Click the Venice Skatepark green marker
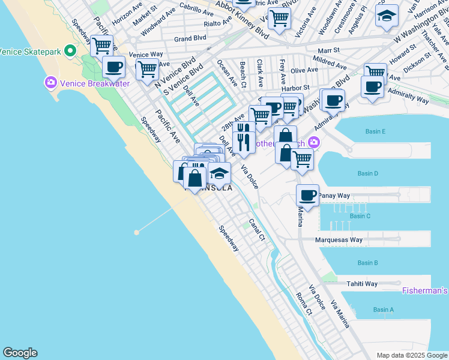pyautogui.click(x=70, y=50)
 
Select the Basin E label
pyautogui.click(x=375, y=131)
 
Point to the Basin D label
pyautogui.click(x=368, y=174)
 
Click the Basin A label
pyautogui.click(x=383, y=310)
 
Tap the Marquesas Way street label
pyautogui.click(x=339, y=240)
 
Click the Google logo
pyautogui.click(x=20, y=353)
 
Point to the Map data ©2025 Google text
pyautogui.click(x=412, y=355)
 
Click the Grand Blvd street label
pyautogui.click(x=190, y=39)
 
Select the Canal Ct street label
pyautogui.click(x=257, y=229)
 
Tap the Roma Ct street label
pyautogui.click(x=304, y=304)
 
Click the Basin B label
pyautogui.click(x=367, y=263)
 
